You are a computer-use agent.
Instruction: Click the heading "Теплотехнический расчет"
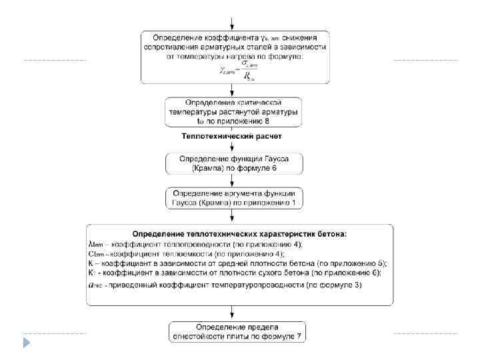232,136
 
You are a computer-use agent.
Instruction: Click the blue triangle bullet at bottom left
27,343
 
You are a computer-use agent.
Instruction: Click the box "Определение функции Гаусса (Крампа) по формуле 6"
234,163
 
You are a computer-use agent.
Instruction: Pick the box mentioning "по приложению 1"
234,197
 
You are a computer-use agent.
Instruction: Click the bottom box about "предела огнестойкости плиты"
237,331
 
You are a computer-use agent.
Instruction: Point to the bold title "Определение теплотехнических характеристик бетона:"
240,234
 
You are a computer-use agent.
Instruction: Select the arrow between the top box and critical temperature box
231,91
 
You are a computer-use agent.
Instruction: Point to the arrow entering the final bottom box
231,313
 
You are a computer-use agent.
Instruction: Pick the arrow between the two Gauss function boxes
231,180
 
